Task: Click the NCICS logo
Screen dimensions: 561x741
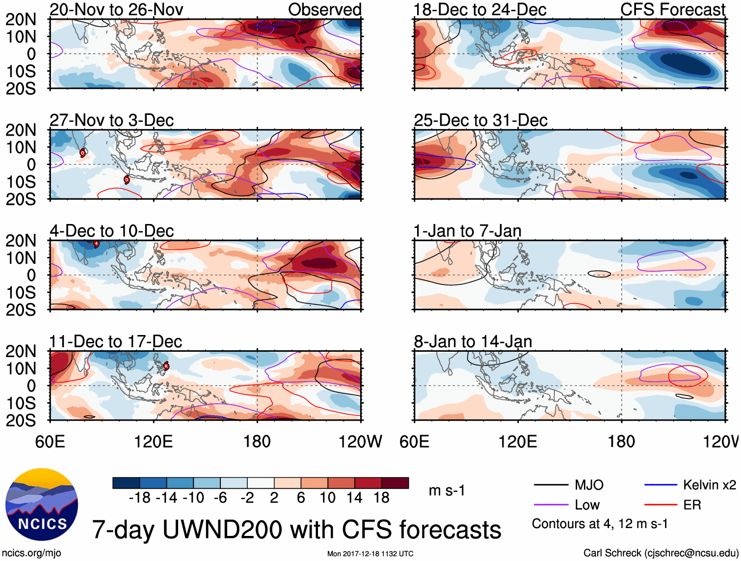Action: tap(42, 505)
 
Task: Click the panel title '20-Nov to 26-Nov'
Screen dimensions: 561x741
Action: tap(116, 9)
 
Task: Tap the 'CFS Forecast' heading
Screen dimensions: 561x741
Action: tap(672, 9)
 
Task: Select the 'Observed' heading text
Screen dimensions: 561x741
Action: tap(324, 9)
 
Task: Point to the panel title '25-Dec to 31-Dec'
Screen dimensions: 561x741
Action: tap(480, 120)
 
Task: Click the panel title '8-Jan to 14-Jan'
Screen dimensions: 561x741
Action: tap(473, 341)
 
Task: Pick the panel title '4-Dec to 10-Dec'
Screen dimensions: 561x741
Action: tap(112, 231)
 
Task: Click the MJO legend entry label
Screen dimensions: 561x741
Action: tap(589, 485)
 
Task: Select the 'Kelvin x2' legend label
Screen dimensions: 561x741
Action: tap(709, 485)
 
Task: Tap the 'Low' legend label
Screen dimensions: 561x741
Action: tap(587, 505)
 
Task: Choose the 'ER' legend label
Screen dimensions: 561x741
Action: tap(692, 505)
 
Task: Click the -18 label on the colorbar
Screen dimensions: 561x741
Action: tap(139, 498)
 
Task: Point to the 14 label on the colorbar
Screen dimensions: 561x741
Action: tap(354, 498)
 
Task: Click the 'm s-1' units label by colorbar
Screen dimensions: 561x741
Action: tap(447, 491)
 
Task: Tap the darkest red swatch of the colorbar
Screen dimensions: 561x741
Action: tap(395, 483)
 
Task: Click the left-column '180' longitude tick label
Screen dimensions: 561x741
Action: tap(257, 442)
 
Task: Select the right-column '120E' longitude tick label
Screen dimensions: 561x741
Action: tap(518, 442)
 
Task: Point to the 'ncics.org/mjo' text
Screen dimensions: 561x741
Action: tap(31, 553)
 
